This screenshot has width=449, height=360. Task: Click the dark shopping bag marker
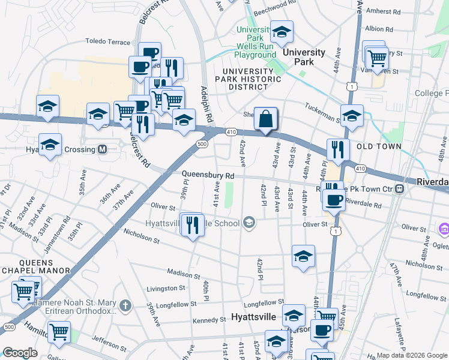point(265,119)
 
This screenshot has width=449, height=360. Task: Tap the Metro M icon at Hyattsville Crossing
point(102,149)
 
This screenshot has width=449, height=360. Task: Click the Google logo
point(20,353)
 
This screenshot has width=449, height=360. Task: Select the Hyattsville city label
point(254,317)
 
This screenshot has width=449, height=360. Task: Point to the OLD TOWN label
point(378,146)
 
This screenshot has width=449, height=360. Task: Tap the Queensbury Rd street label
point(208,175)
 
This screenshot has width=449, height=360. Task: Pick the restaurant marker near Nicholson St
point(192,226)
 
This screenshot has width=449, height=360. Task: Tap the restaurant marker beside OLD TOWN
point(338,149)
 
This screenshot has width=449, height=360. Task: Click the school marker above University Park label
point(281,31)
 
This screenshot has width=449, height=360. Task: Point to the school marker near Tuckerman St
point(352,115)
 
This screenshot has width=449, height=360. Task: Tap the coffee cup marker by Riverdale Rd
point(333,200)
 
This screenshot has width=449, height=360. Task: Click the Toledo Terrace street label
point(107,43)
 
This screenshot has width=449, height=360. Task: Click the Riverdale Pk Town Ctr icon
point(400,189)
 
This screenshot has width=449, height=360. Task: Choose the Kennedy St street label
point(209,321)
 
